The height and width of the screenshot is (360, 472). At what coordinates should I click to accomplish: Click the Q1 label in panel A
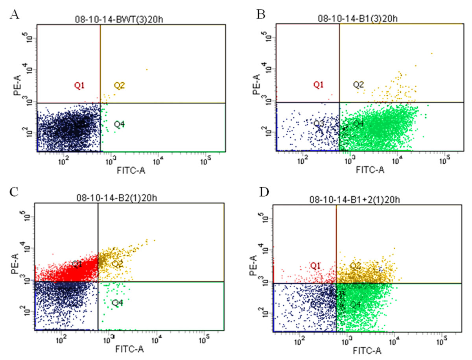[80, 85]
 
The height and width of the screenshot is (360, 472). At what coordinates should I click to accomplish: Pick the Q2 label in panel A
[120, 85]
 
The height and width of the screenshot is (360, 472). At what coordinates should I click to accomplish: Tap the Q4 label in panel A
[120, 124]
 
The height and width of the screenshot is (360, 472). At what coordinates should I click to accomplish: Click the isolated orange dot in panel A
[147, 70]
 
